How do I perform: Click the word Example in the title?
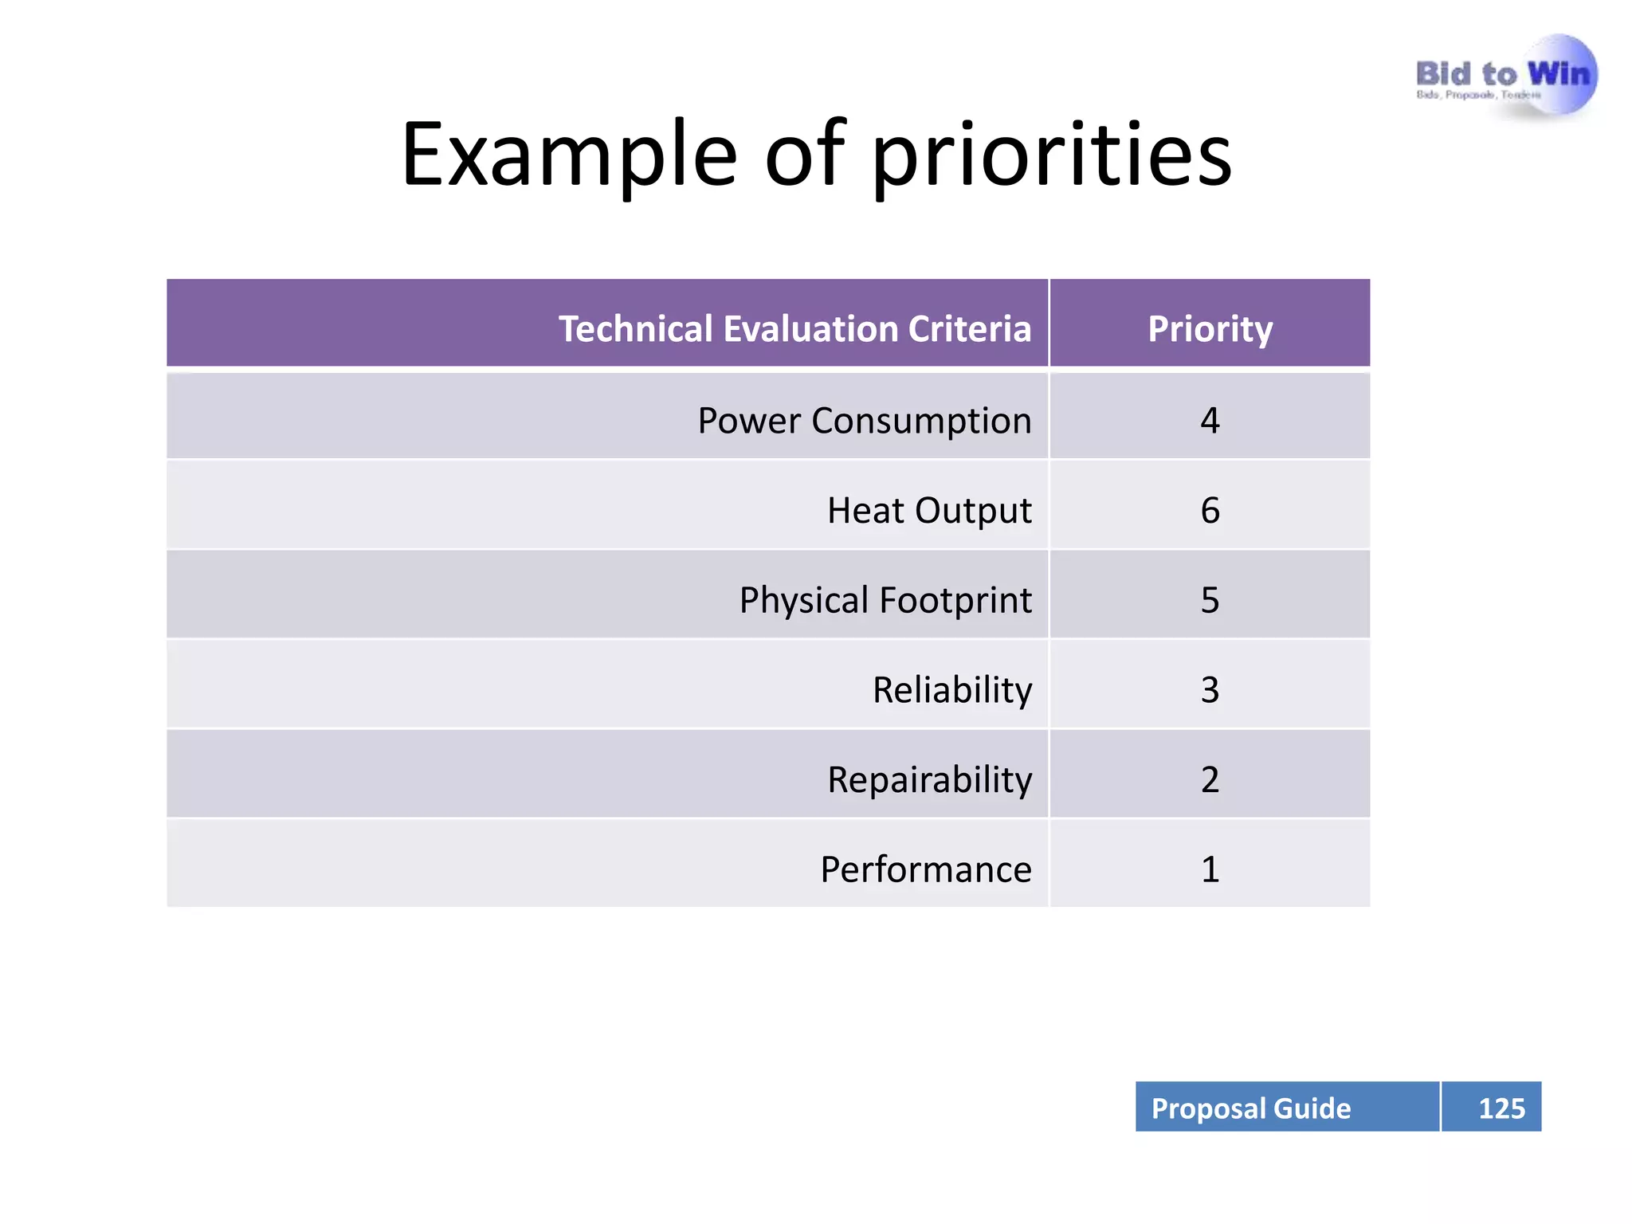point(569,155)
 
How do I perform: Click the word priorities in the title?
point(1051,155)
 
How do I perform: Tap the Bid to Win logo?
point(1505,78)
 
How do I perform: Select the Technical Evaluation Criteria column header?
point(794,328)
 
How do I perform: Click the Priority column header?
point(1210,328)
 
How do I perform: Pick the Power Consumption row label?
point(864,420)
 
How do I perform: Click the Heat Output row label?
point(929,510)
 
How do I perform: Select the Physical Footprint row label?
point(885,600)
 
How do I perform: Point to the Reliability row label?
point(952,689)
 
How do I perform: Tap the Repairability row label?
point(929,779)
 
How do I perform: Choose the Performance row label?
point(926,869)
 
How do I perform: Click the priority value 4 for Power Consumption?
point(1210,420)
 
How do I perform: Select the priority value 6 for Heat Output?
point(1210,510)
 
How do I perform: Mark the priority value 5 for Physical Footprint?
point(1210,600)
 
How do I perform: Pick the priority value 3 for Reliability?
point(1210,689)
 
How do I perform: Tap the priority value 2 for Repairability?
point(1210,779)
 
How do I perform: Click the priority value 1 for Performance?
point(1210,869)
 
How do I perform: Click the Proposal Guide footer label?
point(1251,1108)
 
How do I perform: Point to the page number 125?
point(1501,1108)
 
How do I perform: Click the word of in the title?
point(805,155)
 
